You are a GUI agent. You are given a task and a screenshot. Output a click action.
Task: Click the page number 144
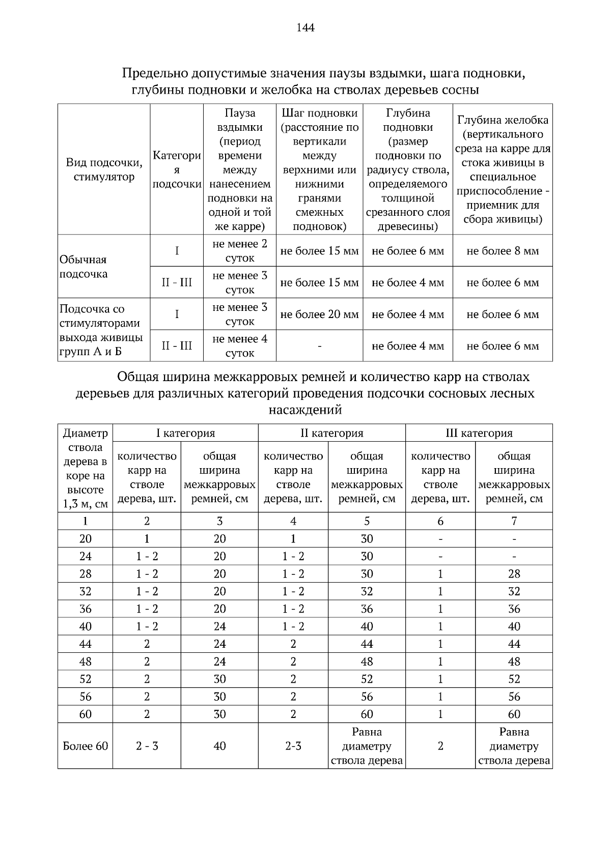305,27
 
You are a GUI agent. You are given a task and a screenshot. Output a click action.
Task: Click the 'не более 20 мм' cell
319,314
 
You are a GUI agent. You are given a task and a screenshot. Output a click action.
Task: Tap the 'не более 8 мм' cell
502,251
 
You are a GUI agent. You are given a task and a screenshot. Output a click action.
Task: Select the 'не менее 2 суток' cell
239,251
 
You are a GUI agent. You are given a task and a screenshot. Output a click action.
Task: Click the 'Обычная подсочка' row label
84,267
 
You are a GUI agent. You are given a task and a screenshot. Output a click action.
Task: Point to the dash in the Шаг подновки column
319,346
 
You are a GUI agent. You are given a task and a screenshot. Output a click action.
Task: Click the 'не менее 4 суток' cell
239,346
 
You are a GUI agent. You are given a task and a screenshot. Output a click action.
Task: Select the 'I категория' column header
185,433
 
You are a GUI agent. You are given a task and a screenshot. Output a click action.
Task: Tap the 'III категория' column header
479,433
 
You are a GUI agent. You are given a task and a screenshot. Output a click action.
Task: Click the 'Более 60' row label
85,746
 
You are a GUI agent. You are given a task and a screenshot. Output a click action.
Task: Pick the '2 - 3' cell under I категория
147,746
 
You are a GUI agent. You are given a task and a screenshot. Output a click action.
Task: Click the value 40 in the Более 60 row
219,746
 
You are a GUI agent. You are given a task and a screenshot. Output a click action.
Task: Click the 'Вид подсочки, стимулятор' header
104,169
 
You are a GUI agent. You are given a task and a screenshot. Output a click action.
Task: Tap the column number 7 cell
514,521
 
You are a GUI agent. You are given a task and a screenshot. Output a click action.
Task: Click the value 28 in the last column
514,574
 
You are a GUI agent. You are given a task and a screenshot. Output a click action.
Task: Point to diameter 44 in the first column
85,644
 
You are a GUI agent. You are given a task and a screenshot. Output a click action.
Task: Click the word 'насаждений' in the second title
305,410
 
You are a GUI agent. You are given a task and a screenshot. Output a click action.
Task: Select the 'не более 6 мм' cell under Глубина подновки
407,251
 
